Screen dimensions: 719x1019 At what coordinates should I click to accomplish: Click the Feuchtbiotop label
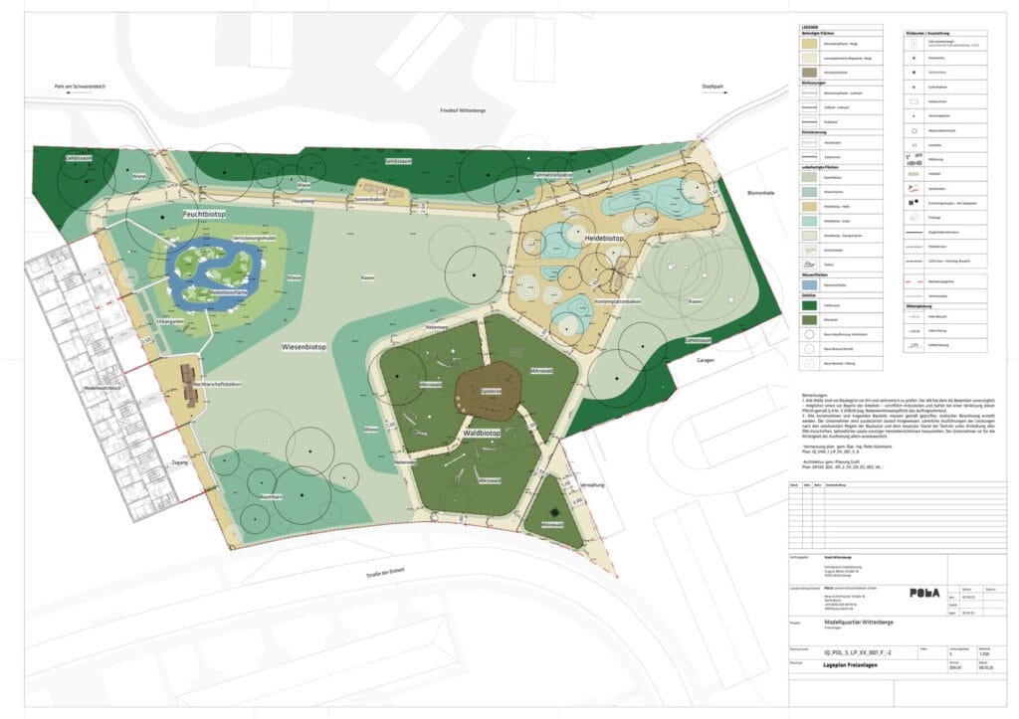[x=205, y=214]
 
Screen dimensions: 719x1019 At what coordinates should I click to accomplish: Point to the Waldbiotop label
[x=480, y=435]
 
